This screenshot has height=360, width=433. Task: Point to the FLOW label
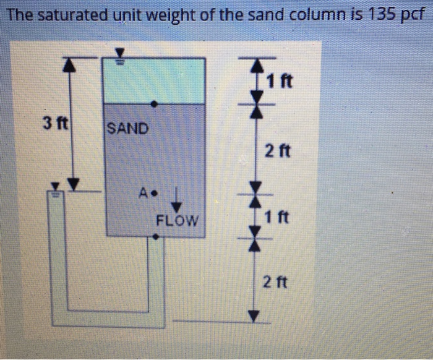coord(177,220)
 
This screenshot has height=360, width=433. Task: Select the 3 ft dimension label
coord(54,122)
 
